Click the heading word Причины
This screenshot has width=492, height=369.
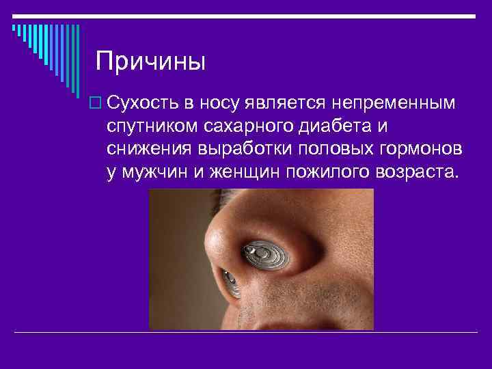(150, 61)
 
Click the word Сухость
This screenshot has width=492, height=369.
(141, 104)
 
